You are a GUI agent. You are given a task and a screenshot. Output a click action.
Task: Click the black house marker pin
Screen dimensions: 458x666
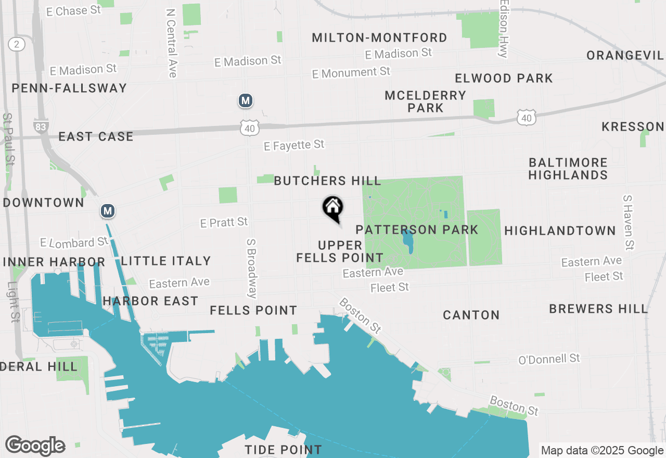click(333, 208)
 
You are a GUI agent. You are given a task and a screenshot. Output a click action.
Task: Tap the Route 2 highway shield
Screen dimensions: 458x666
click(17, 44)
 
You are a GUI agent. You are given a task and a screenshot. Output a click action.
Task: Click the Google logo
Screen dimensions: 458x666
click(35, 446)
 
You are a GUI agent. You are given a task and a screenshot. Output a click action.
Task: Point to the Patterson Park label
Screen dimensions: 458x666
click(417, 230)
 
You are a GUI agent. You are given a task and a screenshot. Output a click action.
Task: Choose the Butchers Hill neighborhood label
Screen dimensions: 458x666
click(327, 181)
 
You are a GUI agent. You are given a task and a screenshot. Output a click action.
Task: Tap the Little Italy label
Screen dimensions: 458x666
click(165, 261)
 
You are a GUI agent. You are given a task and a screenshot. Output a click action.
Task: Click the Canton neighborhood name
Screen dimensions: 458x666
click(471, 315)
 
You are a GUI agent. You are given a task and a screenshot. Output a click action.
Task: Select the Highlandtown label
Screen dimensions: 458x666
click(560, 230)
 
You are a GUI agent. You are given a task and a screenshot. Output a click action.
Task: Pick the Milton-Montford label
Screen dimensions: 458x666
click(379, 37)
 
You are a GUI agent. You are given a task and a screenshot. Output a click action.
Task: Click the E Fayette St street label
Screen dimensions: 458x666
click(294, 145)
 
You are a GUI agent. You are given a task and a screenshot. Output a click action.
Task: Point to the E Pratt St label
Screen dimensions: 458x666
click(224, 223)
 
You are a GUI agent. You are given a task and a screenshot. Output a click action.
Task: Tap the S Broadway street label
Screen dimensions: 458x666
click(252, 269)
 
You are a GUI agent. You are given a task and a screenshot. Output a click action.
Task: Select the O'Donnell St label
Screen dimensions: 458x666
click(549, 359)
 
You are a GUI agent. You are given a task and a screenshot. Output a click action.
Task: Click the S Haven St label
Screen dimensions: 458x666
click(629, 223)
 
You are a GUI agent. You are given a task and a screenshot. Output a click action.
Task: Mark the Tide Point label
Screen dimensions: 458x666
click(283, 449)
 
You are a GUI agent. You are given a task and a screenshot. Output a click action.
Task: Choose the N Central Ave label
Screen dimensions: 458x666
click(171, 43)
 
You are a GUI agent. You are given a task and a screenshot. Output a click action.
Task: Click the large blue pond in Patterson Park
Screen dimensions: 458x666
click(407, 241)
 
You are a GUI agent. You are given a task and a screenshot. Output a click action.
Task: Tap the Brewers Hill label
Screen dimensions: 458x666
click(598, 309)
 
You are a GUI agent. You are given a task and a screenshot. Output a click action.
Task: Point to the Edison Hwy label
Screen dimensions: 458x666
click(503, 29)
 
